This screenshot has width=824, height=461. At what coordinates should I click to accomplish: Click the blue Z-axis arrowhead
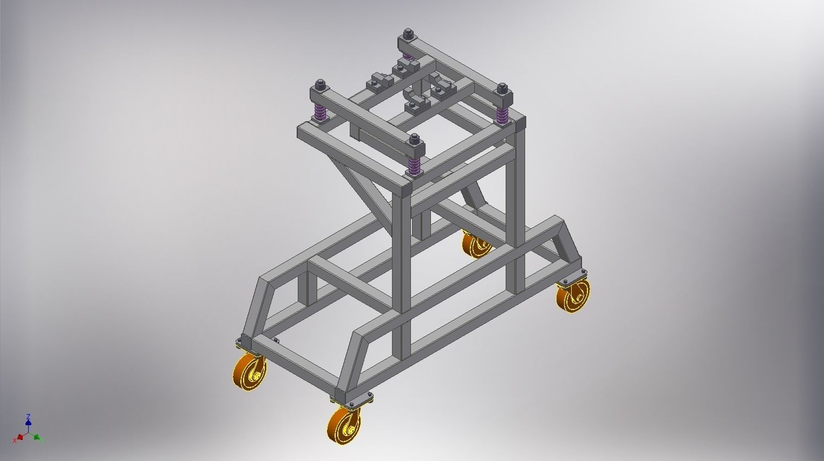pyautogui.click(x=28, y=417)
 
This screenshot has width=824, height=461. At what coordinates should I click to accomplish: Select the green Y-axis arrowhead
pyautogui.click(x=37, y=436)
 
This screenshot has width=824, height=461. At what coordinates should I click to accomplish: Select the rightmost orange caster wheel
pyautogui.click(x=573, y=295)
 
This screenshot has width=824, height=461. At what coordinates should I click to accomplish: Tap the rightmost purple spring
pyautogui.click(x=502, y=114)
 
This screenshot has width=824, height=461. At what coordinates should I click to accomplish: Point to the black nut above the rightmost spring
pyautogui.click(x=502, y=88)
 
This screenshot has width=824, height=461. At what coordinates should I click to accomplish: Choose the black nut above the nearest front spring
pyautogui.click(x=415, y=139)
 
